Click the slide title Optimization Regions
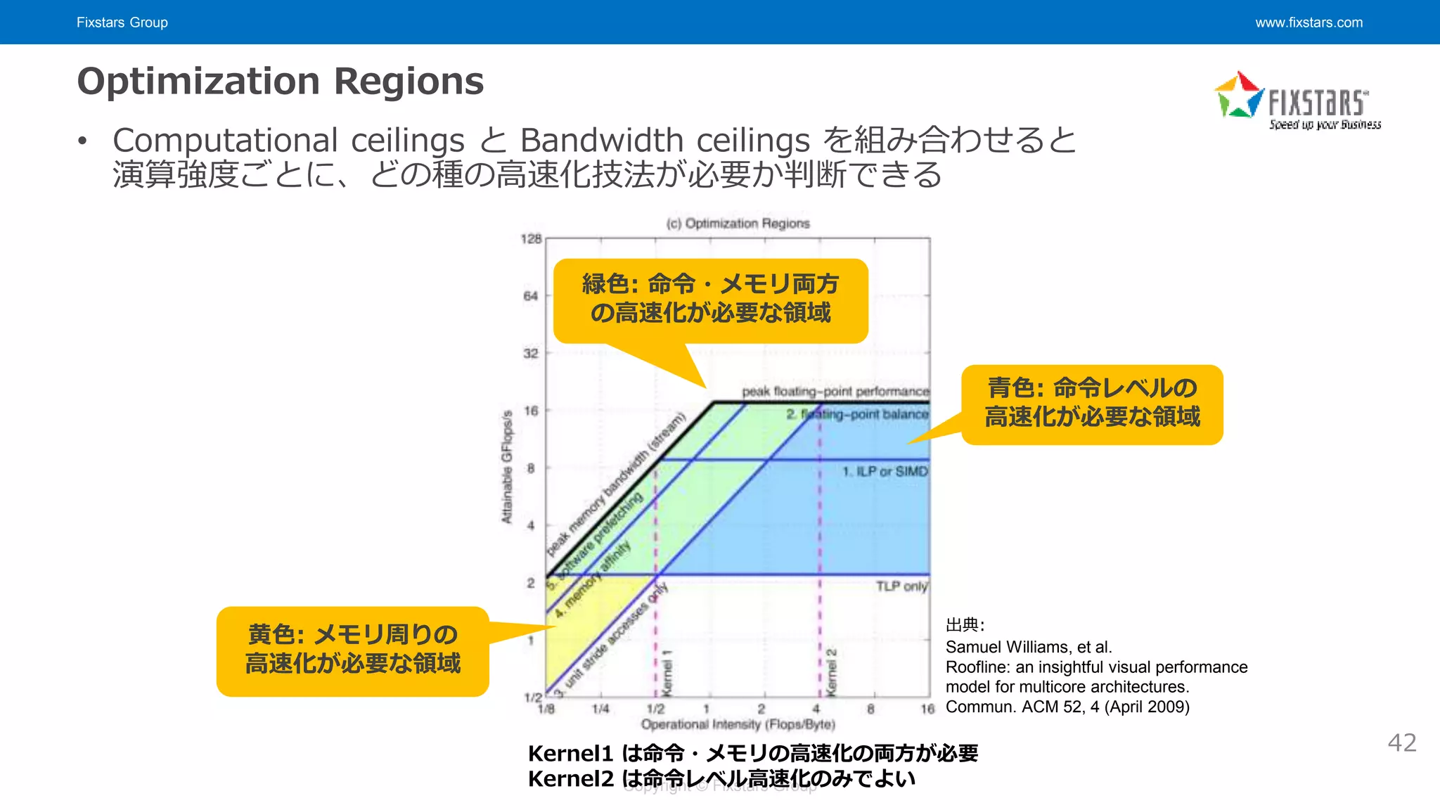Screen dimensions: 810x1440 coord(280,81)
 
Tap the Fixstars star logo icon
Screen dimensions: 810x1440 coord(1239,96)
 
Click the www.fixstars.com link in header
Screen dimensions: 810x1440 coord(1309,22)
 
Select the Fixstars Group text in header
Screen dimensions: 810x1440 coord(122,22)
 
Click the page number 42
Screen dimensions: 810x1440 coord(1401,742)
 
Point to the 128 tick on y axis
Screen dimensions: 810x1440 coord(531,239)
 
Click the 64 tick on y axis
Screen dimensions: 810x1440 coord(531,296)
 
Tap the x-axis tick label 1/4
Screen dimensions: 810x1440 coord(600,709)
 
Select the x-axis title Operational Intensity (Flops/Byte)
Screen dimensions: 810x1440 coord(738,724)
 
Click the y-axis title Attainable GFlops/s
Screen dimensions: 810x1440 coord(507,467)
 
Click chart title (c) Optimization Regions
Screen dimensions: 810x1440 coord(738,224)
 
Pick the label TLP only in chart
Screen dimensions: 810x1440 coord(901,586)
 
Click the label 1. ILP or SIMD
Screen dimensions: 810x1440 coord(885,471)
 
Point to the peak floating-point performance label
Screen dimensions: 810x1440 coord(835,392)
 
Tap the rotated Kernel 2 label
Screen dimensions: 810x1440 coord(832,672)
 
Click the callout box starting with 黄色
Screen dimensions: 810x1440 coord(352,651)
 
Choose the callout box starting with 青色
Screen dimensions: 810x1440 coord(1092,404)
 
